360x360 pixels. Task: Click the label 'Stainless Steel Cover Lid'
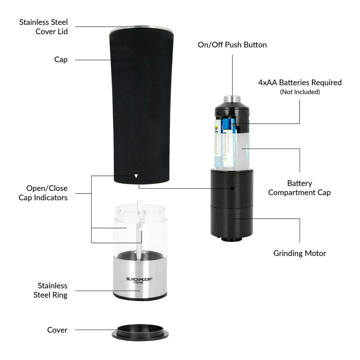tap(43, 27)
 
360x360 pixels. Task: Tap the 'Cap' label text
tap(61, 60)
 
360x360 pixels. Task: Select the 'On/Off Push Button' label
tap(232, 45)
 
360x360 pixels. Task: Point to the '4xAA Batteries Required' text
tap(300, 82)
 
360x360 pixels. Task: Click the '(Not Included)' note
tap(300, 92)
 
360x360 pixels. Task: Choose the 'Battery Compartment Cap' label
tap(299, 188)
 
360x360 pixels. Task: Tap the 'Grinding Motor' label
tap(299, 253)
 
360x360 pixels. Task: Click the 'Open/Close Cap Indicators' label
tap(43, 193)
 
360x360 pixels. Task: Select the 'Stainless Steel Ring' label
tap(50, 290)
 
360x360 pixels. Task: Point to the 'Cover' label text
tap(57, 330)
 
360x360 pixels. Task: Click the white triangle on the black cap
tap(136, 175)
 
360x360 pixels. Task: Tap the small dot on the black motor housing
tap(232, 188)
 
